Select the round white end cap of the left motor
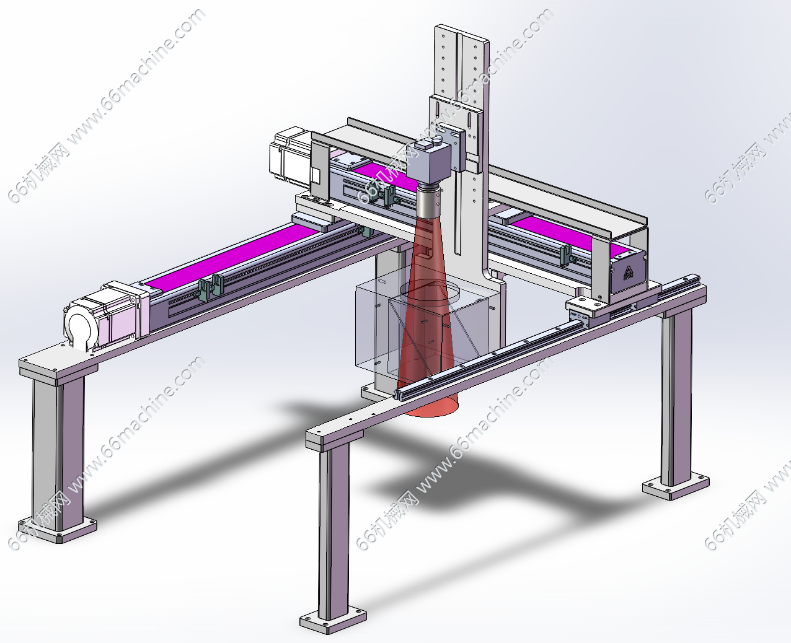click(79, 326)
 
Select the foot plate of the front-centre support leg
click(333, 618)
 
